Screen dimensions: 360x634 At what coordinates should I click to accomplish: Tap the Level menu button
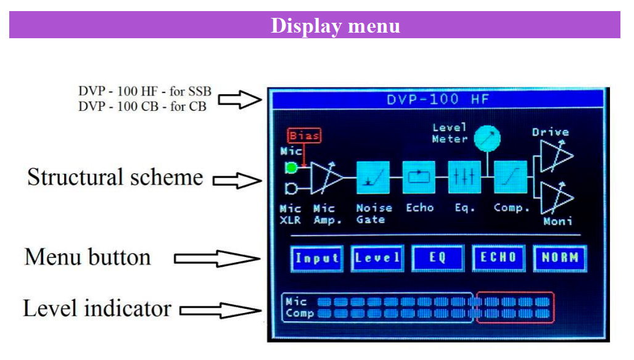pyautogui.click(x=377, y=258)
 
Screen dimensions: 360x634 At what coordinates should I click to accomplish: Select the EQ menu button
pyautogui.click(x=437, y=258)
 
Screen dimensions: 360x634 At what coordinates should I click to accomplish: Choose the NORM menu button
pyautogui.click(x=559, y=258)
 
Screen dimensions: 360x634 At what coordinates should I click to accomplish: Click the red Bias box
pyautogui.click(x=305, y=136)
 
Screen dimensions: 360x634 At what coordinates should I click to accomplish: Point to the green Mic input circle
pyautogui.click(x=291, y=168)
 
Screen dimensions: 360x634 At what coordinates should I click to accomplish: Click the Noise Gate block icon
pyautogui.click(x=373, y=178)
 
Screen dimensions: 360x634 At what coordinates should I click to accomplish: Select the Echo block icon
pyautogui.click(x=419, y=178)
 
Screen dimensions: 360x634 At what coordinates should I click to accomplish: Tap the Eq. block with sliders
pyautogui.click(x=464, y=178)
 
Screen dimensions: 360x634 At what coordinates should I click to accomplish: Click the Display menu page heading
pyautogui.click(x=336, y=27)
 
